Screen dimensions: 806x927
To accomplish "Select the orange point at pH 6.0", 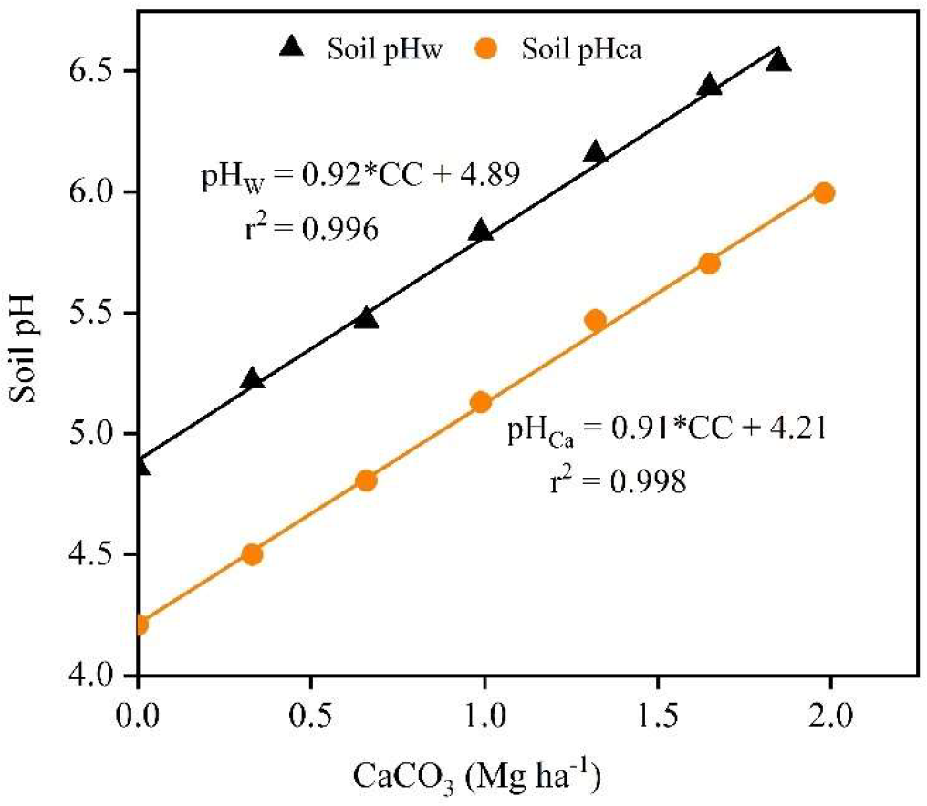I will (824, 192).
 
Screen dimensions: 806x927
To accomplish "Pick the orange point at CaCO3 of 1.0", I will (481, 402).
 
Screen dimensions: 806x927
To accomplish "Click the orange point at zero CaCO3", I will (139, 625).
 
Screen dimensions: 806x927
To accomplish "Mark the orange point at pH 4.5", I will (253, 554).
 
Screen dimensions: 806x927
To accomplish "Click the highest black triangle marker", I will (778, 61).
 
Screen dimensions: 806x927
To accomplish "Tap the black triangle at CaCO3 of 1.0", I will (481, 232).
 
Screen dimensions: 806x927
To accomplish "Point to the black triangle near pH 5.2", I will (253, 379).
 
